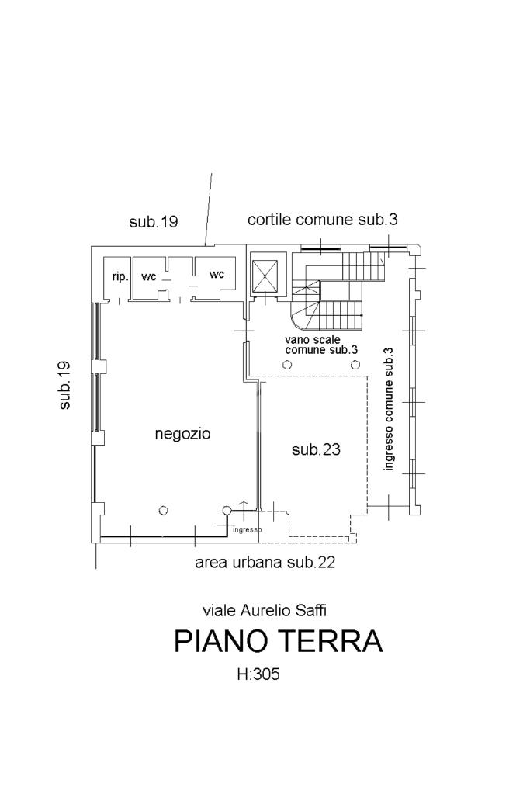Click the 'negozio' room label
[x=182, y=434]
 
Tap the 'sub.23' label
[x=316, y=449]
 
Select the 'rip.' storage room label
[x=120, y=278]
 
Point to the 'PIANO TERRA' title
[x=279, y=641]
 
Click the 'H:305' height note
[x=258, y=674]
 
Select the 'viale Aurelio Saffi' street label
[x=265, y=610]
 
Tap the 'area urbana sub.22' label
[x=265, y=563]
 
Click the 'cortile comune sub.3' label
[x=323, y=220]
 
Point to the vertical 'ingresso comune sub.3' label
[x=389, y=409]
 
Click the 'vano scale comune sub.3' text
[x=322, y=345]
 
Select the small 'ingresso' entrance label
[x=247, y=530]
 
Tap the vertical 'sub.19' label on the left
[x=65, y=385]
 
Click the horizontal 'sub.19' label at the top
[x=154, y=222]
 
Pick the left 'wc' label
[x=149, y=277]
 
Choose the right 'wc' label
[x=217, y=275]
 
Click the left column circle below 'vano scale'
[x=287, y=365]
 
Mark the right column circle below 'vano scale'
[x=355, y=365]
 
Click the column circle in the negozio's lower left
[x=163, y=511]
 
